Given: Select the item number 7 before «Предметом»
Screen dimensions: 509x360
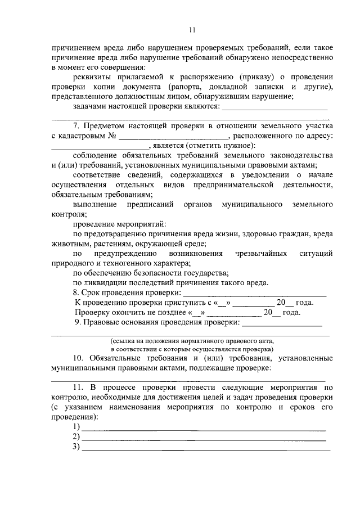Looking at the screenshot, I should [76, 125].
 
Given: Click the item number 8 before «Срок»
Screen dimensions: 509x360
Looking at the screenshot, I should [75, 293].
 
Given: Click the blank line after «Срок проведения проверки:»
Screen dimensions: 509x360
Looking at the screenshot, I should [255, 294].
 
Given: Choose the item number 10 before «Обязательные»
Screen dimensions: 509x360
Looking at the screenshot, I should [78, 358].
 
